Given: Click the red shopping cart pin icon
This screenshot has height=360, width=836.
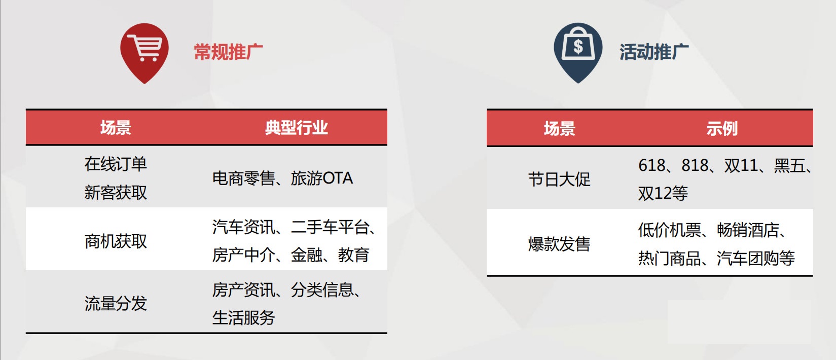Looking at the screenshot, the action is point(144,52).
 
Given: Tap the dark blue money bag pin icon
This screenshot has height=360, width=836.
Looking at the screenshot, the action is point(578,52).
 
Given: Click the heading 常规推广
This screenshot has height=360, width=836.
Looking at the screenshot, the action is point(229,52).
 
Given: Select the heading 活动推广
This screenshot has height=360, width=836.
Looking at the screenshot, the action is point(654,52).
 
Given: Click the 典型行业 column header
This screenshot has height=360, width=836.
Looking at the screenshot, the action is point(297,128).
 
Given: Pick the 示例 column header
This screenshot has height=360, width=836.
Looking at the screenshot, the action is point(722,129).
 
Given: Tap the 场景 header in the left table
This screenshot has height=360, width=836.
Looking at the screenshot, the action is point(116,128).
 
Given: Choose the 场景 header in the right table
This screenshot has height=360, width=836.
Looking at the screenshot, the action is point(560,129).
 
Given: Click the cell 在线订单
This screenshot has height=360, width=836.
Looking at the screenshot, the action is point(116,164).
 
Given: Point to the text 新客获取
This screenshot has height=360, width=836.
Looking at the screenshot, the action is point(116,193).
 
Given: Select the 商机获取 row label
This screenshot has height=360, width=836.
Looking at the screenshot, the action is point(116,241).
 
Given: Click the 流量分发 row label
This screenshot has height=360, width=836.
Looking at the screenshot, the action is point(116,303).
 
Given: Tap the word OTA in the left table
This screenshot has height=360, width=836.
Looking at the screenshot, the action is point(337,178).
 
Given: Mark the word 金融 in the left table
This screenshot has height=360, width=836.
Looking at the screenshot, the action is point(306,255).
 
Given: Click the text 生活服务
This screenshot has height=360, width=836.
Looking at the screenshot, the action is point(244,318).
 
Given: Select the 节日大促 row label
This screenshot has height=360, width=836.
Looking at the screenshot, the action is point(560,179).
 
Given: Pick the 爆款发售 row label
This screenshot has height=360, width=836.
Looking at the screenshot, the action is point(560,244).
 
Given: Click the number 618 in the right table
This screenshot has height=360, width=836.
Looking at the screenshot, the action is point(651,165).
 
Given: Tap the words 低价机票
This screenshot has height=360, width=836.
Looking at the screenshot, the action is point(670,230).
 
